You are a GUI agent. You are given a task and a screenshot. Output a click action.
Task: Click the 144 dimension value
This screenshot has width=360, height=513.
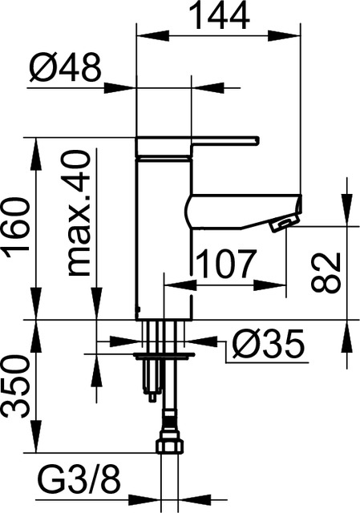coord(218,15)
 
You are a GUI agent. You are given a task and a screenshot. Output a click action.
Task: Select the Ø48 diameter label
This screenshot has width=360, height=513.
coord(67,69)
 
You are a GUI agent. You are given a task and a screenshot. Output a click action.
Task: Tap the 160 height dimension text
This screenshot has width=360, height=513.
coord(18,228)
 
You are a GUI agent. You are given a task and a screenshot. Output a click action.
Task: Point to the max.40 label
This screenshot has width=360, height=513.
coord(78,212)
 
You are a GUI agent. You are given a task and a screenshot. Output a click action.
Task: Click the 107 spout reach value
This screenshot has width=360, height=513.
coord(225,264)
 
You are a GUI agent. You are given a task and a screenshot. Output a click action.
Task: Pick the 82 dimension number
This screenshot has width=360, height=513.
coord(326,272)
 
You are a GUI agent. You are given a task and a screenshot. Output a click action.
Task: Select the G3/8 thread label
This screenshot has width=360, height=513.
coord(79,483)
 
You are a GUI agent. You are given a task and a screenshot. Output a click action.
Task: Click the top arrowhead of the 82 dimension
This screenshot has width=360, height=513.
coord(346,216)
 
